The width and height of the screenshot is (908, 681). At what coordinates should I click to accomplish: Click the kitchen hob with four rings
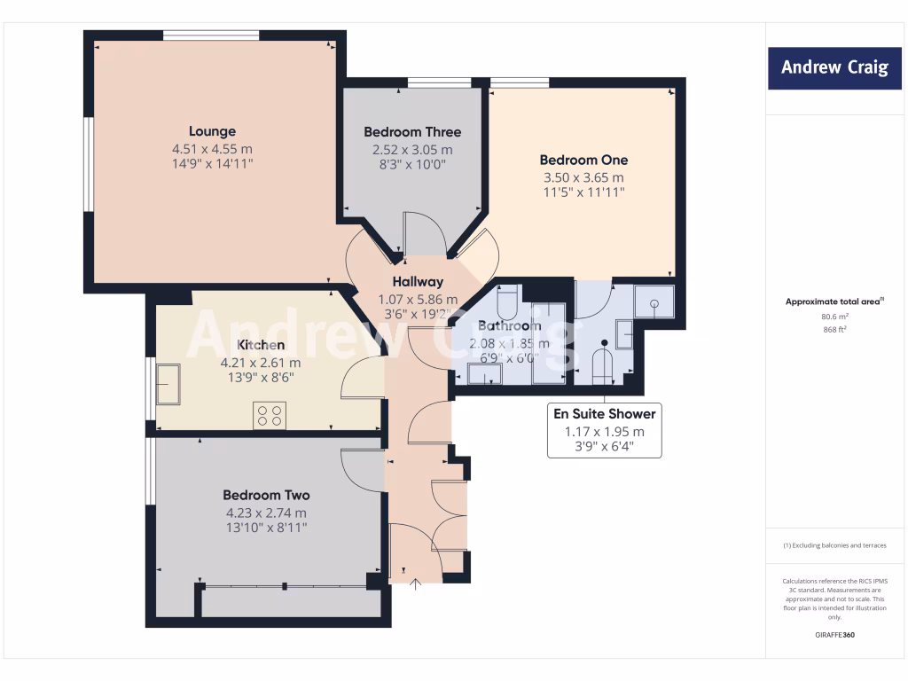(270, 415)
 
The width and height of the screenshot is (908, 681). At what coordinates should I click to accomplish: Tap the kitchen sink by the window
(168, 383)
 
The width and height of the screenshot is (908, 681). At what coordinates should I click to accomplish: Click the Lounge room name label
(212, 131)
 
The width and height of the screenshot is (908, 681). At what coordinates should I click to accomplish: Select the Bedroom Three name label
(412, 132)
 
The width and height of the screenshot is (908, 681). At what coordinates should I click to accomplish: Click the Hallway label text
(418, 282)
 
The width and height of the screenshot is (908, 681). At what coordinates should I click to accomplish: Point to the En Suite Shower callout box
(604, 431)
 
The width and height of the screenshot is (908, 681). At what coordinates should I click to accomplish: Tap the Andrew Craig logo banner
(834, 67)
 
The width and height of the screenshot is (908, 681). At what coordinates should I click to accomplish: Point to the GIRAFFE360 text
(834, 635)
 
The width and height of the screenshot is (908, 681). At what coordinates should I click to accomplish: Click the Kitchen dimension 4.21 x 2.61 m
(261, 362)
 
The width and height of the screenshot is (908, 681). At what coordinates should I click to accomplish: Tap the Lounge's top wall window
(211, 35)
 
